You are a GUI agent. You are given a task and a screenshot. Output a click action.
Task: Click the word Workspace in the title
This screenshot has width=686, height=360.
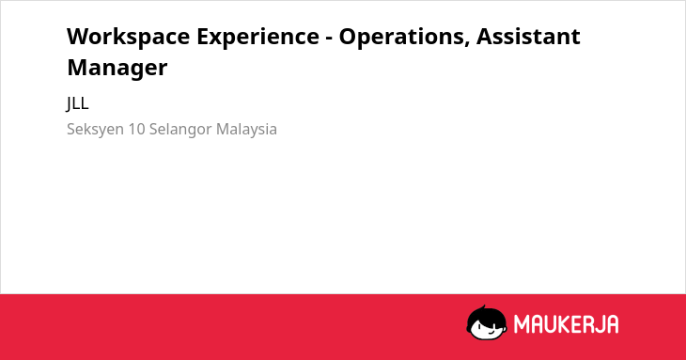tap(128, 38)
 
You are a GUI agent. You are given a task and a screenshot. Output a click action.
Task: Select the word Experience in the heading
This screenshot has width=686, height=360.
tap(257, 38)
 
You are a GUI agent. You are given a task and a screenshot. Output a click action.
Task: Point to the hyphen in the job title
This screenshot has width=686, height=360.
tap(329, 39)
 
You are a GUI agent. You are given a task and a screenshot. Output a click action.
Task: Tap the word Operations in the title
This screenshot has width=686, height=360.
tap(401, 38)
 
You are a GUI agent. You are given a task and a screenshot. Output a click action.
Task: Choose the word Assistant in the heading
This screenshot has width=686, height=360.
tap(528, 36)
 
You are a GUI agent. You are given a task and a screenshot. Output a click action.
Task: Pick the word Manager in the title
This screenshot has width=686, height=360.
tap(117, 68)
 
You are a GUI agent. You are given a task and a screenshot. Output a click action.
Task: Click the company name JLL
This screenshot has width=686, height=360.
tap(77, 103)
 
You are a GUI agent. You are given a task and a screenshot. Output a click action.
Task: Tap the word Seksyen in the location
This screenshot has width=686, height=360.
tap(95, 130)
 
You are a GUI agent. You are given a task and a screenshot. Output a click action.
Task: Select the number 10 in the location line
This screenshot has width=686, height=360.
tap(136, 129)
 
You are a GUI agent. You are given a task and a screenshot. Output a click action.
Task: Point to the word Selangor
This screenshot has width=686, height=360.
tap(180, 130)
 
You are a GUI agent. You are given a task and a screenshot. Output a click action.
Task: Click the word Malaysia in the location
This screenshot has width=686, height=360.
tap(246, 130)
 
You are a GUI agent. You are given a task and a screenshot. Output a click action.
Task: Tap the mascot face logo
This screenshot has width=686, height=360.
tap(487, 323)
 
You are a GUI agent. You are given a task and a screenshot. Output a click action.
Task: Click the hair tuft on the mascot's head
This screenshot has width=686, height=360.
tap(483, 307)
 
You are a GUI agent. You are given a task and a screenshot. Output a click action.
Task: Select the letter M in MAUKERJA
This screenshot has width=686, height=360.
tap(521, 324)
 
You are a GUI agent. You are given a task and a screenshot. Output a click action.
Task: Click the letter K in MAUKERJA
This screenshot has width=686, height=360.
tap(564, 324)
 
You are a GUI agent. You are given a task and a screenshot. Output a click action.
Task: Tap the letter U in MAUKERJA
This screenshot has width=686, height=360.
tap(550, 324)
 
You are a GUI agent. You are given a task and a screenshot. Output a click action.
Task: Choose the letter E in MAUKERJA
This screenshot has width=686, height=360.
tap(576, 324)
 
